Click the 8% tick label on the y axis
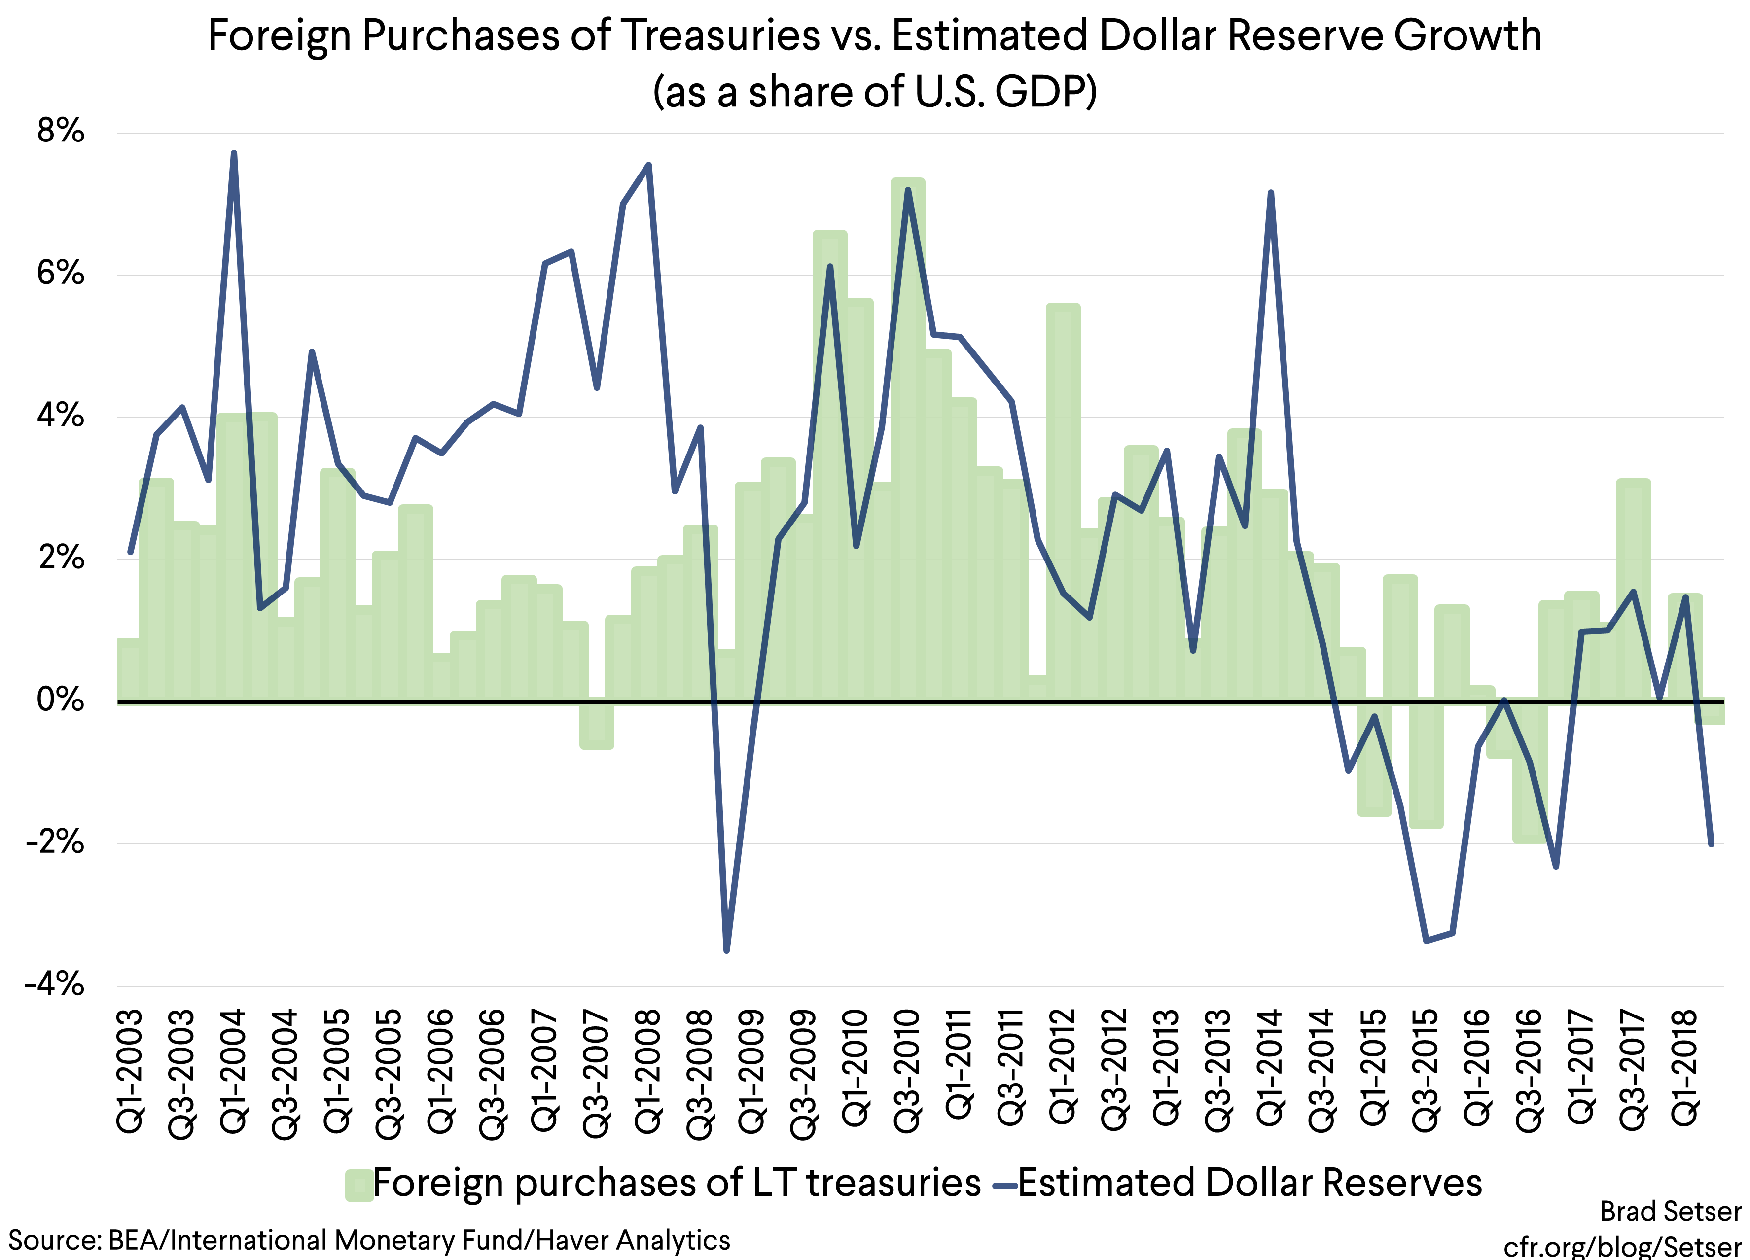pyautogui.click(x=60, y=131)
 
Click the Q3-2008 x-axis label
pyautogui.click(x=701, y=1073)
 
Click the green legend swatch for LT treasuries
pyautogui.click(x=359, y=1185)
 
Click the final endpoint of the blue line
pyautogui.click(x=1712, y=844)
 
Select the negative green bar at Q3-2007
pyautogui.click(x=597, y=725)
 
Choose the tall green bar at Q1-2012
pyautogui.click(x=1063, y=501)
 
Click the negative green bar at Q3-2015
pyautogui.click(x=1426, y=764)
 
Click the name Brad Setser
pyautogui.click(x=1670, y=1211)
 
